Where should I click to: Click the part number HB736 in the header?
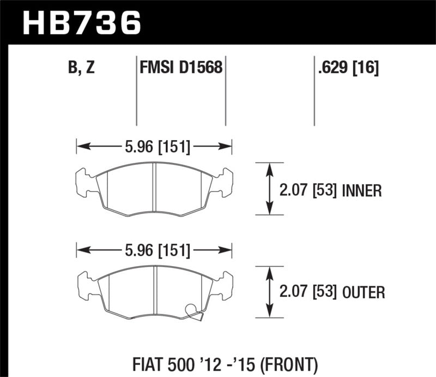point(82,23)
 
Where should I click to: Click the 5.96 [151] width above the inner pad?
point(154,146)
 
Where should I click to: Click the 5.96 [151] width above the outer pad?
point(154,251)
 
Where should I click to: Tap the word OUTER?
point(364,293)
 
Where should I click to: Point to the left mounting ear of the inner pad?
point(82,182)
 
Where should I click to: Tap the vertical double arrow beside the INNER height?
point(269,189)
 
